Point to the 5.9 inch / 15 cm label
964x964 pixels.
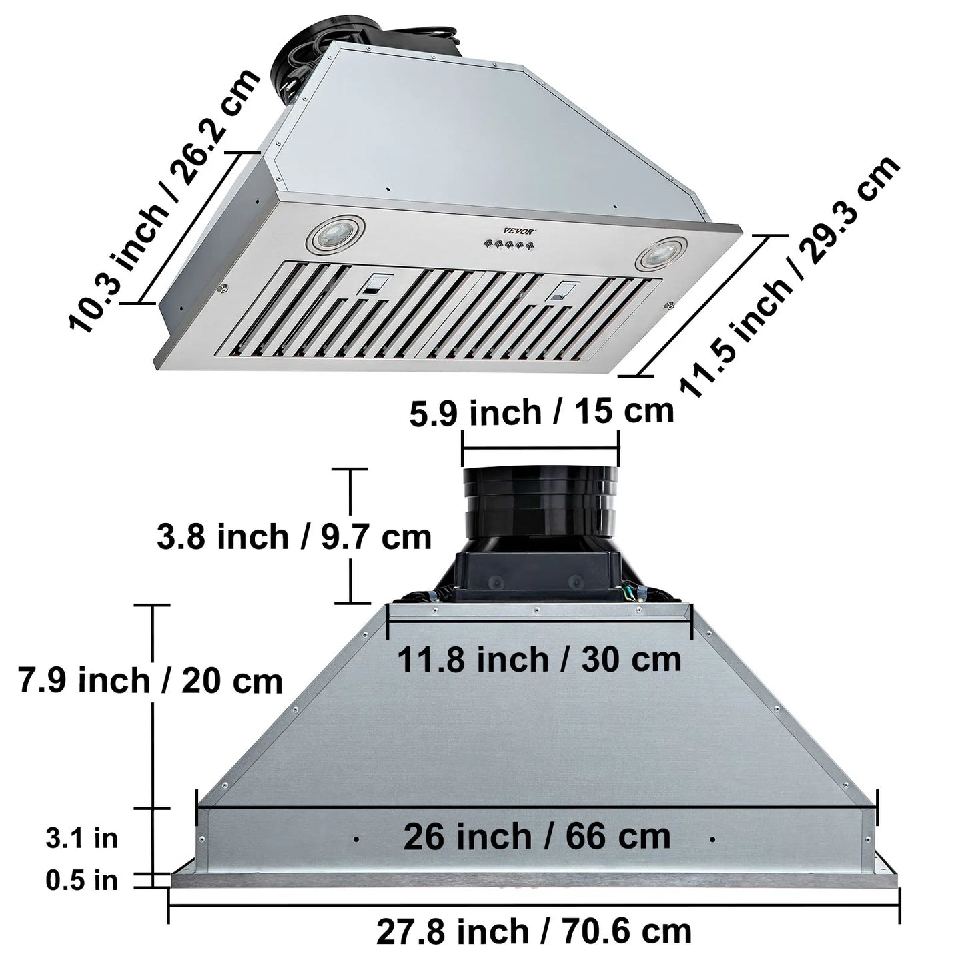[x=541, y=412]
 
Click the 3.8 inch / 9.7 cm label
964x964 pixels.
[x=294, y=537]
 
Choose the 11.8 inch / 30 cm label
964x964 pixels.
[x=539, y=660]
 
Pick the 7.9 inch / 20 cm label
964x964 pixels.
[x=150, y=681]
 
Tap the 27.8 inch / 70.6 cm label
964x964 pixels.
[x=534, y=931]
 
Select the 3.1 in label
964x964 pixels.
[x=81, y=838]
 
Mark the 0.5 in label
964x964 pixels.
[x=81, y=881]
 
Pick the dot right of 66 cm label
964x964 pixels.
[x=713, y=839]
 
